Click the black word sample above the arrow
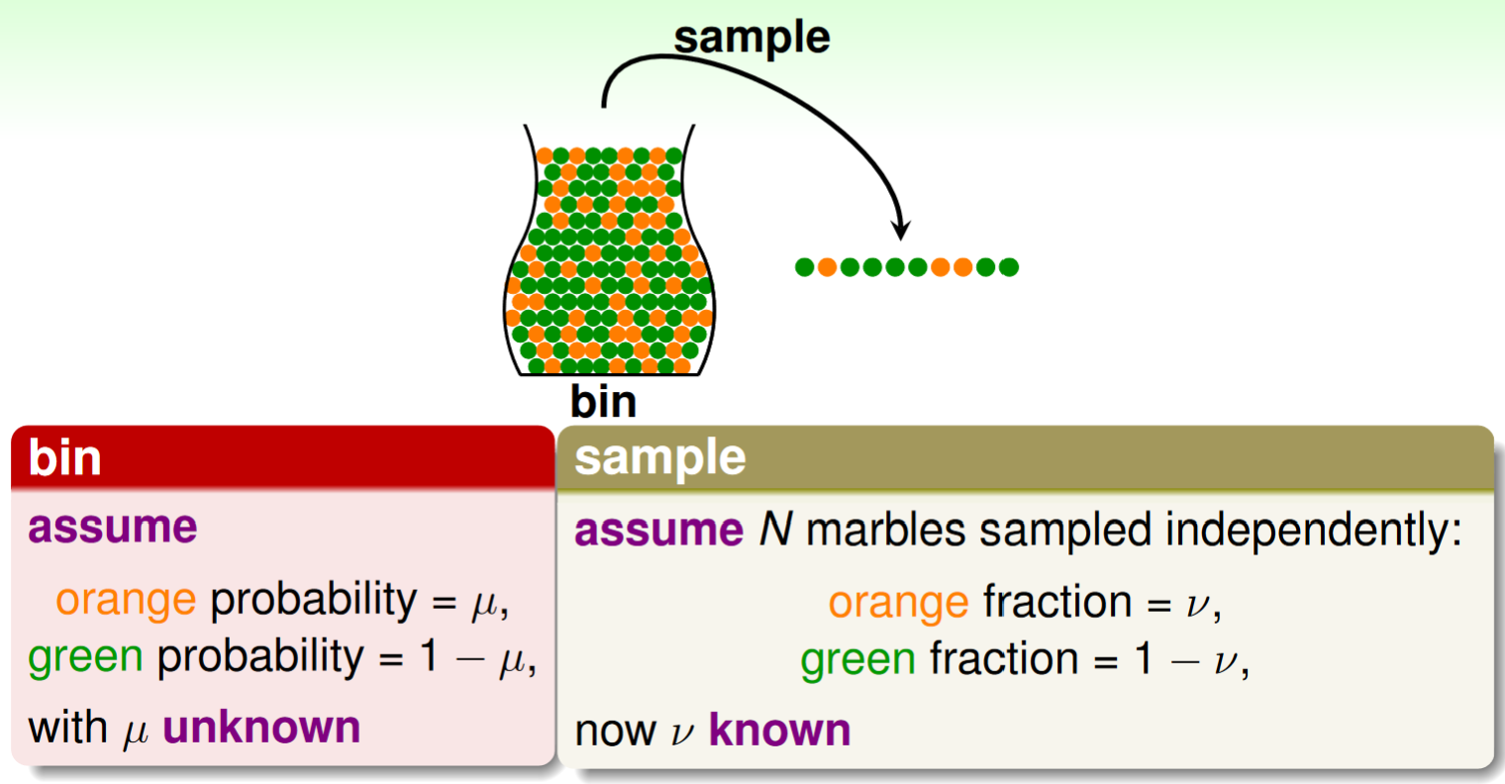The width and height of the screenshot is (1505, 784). pos(752,39)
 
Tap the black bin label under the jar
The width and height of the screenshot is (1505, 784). pos(603,401)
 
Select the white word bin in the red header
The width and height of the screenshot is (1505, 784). pos(64,457)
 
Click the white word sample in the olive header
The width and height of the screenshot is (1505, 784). pos(659,459)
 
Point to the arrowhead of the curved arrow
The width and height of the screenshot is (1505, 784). pos(900,231)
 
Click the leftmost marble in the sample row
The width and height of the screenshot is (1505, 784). pos(804,267)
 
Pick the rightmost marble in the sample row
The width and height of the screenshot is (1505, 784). pos(1009,267)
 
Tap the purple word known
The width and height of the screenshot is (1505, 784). pos(779,730)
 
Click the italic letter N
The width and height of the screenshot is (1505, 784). pos(775,530)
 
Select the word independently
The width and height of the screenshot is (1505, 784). pos(1314,532)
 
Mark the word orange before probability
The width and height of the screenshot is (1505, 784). pos(126,599)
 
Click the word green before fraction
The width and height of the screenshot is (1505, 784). pos(858,659)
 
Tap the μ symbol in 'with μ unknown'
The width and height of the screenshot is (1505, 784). pos(135,733)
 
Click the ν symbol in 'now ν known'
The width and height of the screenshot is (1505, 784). pos(682,733)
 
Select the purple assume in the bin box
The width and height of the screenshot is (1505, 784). pos(113,527)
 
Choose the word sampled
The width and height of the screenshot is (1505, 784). pos(1065,532)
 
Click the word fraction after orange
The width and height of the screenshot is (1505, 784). pos(1058,601)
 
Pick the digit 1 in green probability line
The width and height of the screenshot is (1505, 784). pos(429,655)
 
